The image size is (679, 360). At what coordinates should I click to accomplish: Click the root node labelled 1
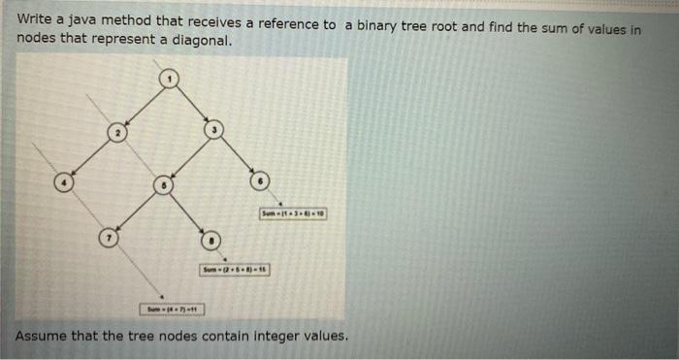[x=170, y=79]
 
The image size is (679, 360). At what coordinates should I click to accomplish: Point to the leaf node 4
[x=63, y=181]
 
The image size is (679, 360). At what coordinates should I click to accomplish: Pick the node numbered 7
[x=111, y=236]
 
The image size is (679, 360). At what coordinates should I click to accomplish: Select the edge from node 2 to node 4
[x=90, y=157]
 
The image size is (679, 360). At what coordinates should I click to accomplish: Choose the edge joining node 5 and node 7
[x=138, y=210]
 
